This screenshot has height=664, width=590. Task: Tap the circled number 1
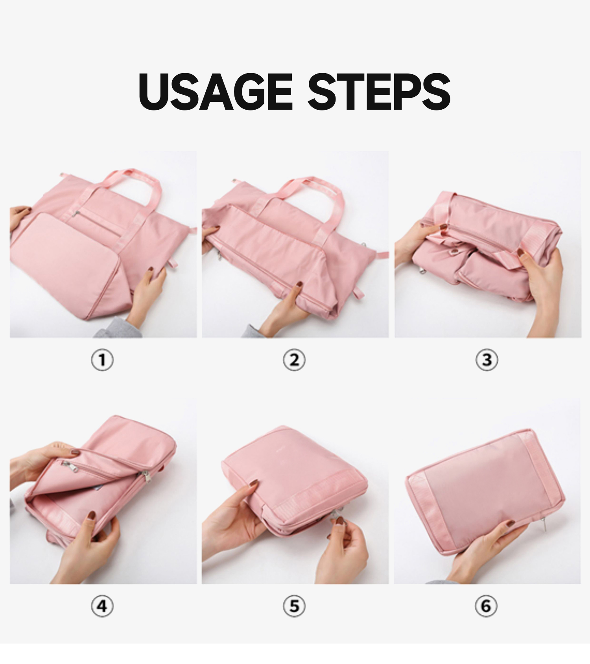(x=102, y=360)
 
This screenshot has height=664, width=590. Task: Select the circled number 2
(x=294, y=360)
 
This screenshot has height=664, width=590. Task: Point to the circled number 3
(x=487, y=360)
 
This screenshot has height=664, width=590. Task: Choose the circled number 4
(x=102, y=606)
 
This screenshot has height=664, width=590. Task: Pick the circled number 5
(x=294, y=606)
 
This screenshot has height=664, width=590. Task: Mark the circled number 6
(x=486, y=606)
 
